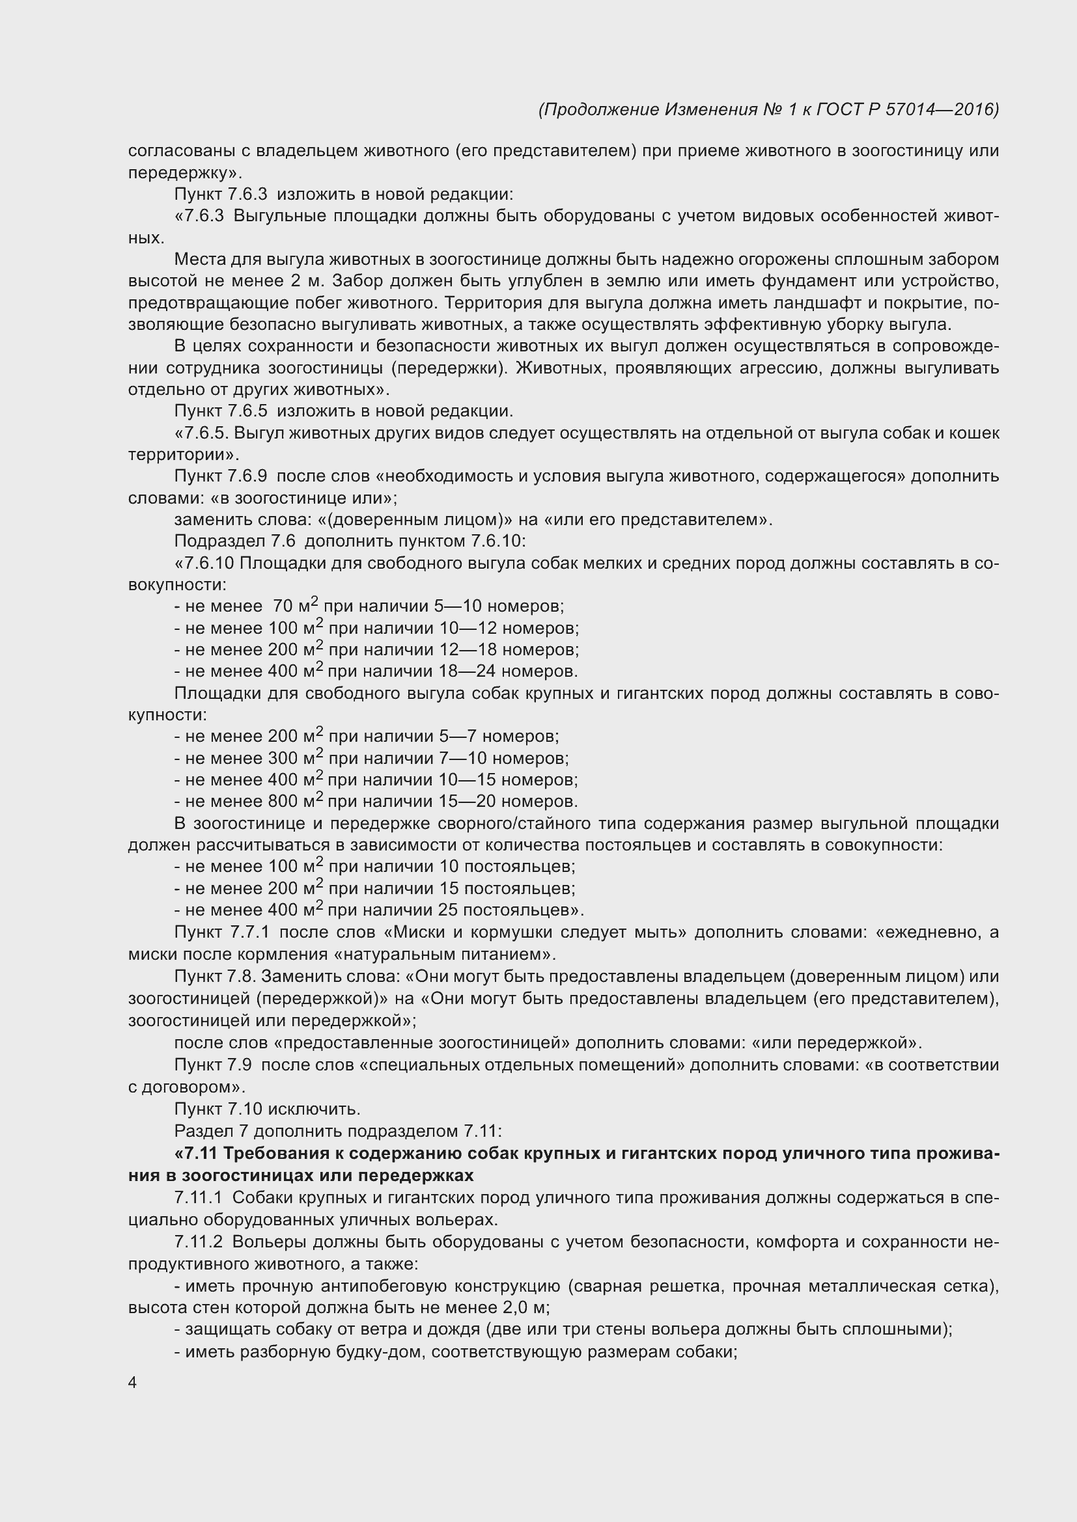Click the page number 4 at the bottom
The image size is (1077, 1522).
point(133,1383)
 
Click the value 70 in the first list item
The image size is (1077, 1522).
point(283,606)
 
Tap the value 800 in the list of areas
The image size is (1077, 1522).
point(283,802)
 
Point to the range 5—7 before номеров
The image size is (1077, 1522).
point(458,737)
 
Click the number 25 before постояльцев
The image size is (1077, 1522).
point(448,910)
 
